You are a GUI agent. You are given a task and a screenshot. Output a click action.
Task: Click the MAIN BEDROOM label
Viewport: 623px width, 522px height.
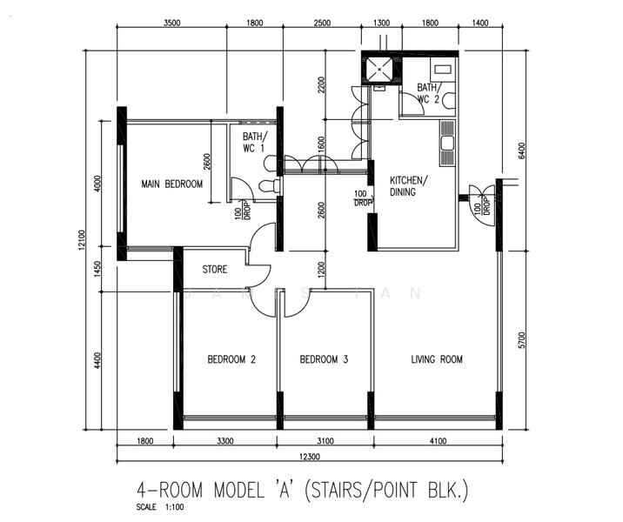[172, 184]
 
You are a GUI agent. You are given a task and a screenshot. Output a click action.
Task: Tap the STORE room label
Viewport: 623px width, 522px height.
[215, 270]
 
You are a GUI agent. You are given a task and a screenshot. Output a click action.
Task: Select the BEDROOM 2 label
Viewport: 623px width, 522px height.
[231, 359]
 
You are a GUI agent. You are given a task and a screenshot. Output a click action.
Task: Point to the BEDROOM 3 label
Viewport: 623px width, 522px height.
[324, 359]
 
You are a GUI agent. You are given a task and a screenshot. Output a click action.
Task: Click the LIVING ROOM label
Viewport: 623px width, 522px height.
[437, 359]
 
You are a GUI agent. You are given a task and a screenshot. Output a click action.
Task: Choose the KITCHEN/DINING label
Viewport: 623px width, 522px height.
[409, 186]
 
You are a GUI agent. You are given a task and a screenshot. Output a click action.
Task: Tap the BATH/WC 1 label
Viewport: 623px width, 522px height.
[254, 142]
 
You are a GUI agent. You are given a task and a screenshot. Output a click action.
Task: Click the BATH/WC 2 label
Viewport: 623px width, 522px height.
[428, 93]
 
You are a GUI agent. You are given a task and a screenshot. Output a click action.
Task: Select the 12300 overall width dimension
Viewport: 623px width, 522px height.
[310, 457]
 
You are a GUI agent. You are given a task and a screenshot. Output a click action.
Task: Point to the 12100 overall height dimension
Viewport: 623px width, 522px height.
[82, 240]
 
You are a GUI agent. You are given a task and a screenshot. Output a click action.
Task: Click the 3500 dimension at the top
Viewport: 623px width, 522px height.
[172, 23]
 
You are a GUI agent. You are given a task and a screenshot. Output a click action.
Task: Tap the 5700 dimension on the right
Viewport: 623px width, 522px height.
[522, 340]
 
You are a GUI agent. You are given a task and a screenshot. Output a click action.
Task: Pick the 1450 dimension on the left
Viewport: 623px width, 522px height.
[97, 269]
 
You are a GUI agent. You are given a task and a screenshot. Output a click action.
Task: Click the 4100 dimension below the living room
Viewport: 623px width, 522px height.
[439, 441]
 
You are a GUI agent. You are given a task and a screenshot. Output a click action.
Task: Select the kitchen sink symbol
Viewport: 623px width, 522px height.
[447, 143]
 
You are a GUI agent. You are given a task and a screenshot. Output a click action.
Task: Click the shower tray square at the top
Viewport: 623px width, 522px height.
[379, 69]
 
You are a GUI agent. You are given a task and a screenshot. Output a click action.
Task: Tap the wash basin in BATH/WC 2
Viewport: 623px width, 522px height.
[442, 70]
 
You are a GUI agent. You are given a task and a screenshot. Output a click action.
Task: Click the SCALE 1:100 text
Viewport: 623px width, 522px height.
[160, 507]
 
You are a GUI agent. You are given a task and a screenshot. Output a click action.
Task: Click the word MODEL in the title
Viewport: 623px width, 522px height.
[238, 490]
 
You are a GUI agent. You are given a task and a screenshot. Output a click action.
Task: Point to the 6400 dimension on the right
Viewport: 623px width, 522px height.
[522, 151]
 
